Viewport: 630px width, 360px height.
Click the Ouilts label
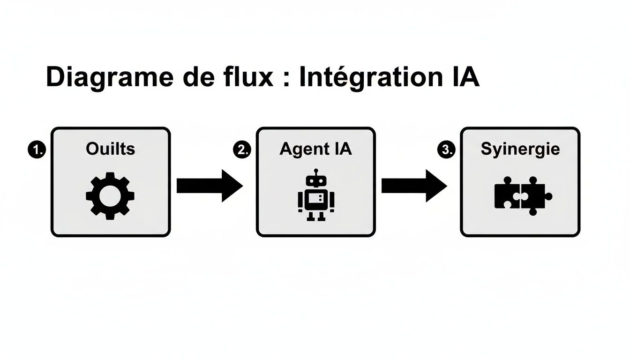click(110, 149)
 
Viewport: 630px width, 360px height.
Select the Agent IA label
click(315, 149)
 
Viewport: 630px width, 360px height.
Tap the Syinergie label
click(520, 149)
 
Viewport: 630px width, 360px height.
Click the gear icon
click(110, 195)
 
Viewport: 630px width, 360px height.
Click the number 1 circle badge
click(36, 150)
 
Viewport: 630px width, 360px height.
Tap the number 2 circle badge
click(241, 150)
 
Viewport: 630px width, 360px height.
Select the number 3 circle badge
click(445, 150)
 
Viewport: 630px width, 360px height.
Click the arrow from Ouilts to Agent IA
click(209, 186)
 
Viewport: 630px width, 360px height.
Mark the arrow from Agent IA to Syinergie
click(413, 186)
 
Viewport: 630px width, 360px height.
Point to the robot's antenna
click(316, 172)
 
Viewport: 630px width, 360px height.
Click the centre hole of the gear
click(110, 196)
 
